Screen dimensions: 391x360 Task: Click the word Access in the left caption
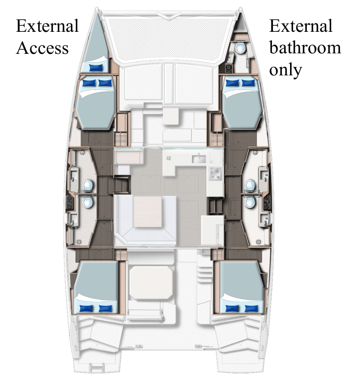pos(43,48)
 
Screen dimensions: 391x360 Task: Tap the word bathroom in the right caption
pos(305,48)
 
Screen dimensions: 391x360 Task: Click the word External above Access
pos(47,26)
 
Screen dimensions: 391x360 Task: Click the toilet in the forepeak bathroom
pos(240,49)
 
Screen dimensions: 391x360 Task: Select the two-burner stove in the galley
pos(216,172)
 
